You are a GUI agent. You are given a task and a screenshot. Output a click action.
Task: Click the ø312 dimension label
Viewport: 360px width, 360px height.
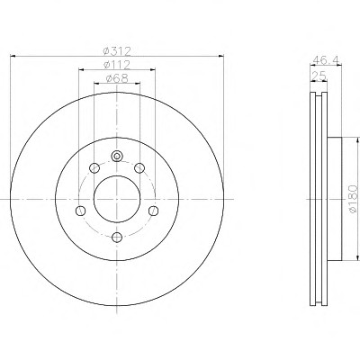pos(117,51)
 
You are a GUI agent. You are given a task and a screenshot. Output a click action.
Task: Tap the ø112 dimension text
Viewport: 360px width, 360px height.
pos(117,65)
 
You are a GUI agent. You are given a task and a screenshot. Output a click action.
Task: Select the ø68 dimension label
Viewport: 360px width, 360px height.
pos(117,78)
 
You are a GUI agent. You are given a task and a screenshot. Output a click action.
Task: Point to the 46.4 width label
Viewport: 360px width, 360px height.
pos(326,60)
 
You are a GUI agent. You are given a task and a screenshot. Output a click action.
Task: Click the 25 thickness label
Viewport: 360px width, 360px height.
pos(319,76)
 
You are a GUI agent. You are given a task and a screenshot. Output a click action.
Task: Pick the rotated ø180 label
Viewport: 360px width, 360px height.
pos(353,199)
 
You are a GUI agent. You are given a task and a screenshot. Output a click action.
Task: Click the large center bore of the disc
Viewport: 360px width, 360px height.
pos(117,199)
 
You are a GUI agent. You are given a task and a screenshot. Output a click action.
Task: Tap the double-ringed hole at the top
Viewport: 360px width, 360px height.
pos(117,156)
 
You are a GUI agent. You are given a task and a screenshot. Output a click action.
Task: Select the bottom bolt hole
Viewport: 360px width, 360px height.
pos(117,238)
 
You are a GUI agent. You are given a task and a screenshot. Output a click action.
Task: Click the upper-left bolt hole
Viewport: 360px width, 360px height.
pos(94,168)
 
